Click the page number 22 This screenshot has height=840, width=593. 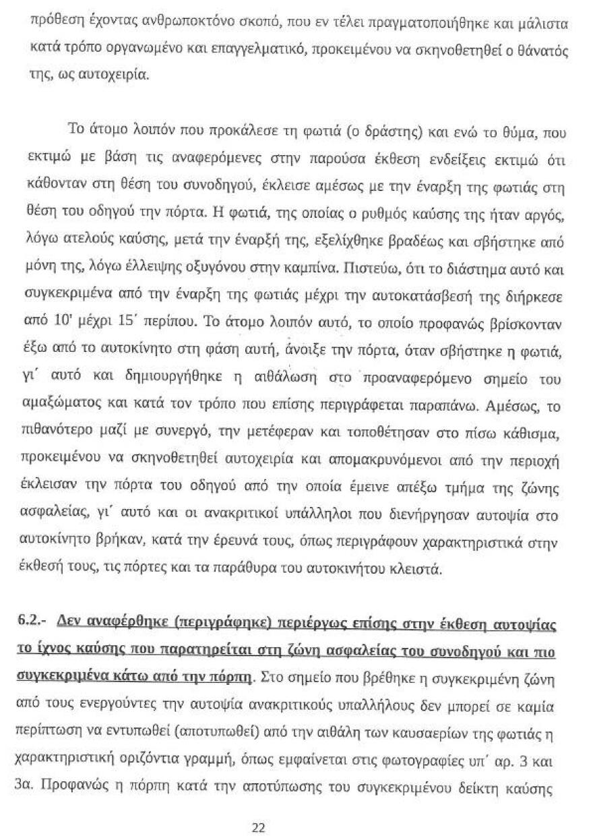click(x=258, y=810)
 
